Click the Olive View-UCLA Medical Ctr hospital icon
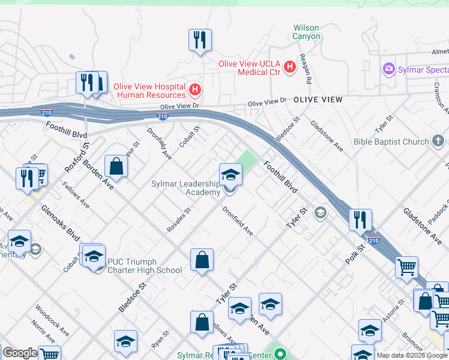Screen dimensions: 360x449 (x=290, y=65)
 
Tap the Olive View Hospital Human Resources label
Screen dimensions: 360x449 (x=149, y=91)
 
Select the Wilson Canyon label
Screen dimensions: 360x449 (x=306, y=32)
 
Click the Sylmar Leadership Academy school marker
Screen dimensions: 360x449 (x=231, y=175)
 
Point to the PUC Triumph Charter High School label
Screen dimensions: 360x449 (x=144, y=266)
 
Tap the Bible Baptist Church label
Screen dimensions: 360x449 (x=391, y=142)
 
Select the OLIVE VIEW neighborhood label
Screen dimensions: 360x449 (x=318, y=100)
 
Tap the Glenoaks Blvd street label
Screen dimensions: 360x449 (x=61, y=222)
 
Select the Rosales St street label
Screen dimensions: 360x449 (x=179, y=220)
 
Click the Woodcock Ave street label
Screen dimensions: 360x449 (x=52, y=322)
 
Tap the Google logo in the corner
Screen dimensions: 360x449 (x=19, y=353)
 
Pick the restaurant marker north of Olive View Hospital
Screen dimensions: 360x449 (x=199, y=40)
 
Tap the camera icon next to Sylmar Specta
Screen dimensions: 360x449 (x=389, y=70)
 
